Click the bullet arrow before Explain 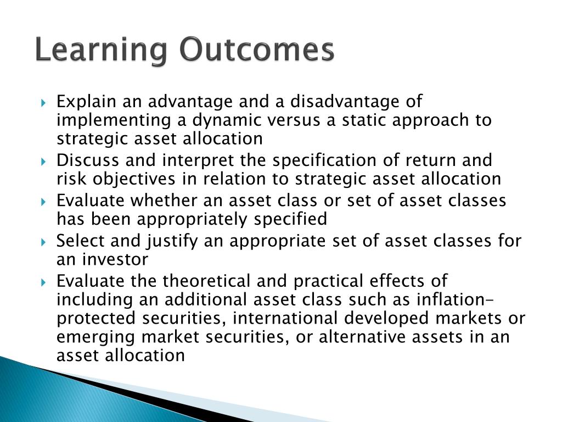[44, 103]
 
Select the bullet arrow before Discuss [44, 162]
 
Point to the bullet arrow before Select [44, 242]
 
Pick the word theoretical [206, 281]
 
